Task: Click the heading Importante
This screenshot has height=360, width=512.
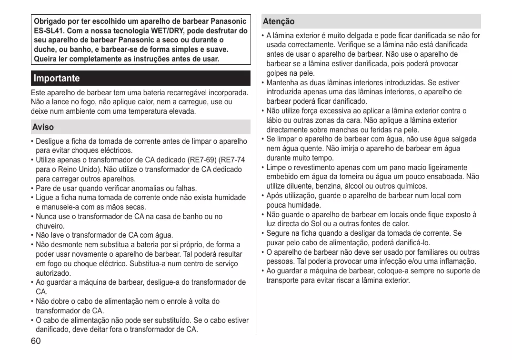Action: click(x=57, y=78)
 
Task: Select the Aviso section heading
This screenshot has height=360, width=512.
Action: click(x=43, y=127)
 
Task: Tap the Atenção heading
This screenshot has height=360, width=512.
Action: click(x=279, y=21)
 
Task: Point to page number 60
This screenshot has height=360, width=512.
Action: click(x=36, y=341)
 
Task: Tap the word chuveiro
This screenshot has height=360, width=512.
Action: click(x=50, y=226)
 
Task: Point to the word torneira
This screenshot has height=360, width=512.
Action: click(x=349, y=177)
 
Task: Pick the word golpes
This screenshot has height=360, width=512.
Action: click(x=277, y=73)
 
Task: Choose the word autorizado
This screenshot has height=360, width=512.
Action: click(x=53, y=273)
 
